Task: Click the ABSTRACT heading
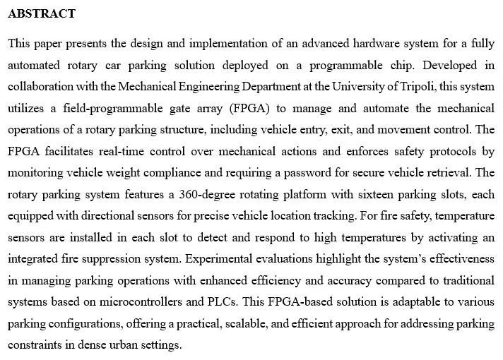[x=42, y=13]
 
